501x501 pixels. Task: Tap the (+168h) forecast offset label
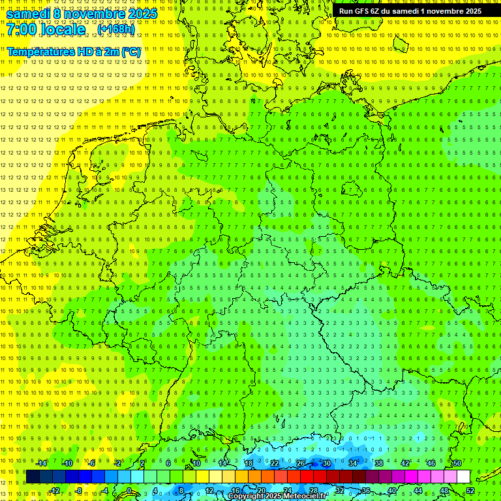(117, 29)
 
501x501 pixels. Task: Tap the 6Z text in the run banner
(377, 11)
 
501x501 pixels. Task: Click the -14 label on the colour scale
(42, 463)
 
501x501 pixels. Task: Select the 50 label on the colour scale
(457, 463)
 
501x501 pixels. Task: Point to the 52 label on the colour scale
(470, 491)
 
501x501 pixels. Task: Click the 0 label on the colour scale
(129, 491)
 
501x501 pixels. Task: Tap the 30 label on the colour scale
(326, 463)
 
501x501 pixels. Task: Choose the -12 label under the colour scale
(55, 491)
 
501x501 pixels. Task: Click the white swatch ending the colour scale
(463, 476)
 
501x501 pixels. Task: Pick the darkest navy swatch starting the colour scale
(33, 476)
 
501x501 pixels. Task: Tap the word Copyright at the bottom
(246, 496)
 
